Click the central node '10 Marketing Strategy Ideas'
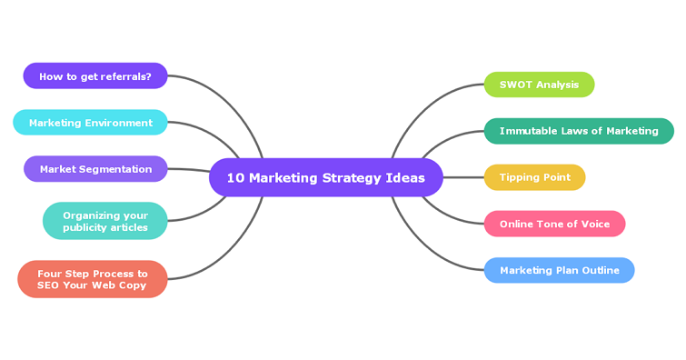tap(325, 177)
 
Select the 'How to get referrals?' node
tap(94, 76)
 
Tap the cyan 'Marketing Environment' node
tap(90, 123)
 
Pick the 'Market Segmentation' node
tap(95, 169)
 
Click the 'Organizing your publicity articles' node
tap(104, 221)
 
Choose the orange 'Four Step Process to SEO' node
tap(92, 279)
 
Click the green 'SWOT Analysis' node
tap(539, 85)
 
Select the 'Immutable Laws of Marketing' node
tap(579, 131)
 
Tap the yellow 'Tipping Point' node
tap(534, 177)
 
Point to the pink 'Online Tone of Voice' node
tap(554, 224)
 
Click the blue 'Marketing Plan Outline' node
tap(559, 270)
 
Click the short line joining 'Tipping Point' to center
tap(463, 177)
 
